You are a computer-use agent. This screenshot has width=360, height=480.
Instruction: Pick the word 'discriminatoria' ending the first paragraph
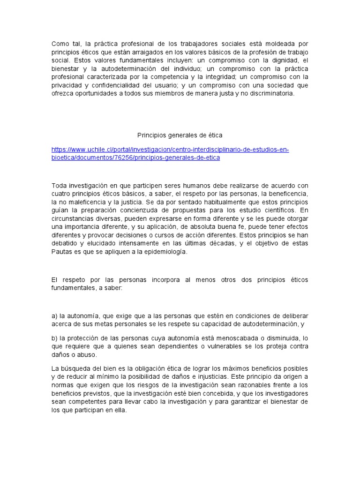[x=271, y=93]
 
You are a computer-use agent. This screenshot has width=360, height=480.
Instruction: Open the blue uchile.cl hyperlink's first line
[x=170, y=150]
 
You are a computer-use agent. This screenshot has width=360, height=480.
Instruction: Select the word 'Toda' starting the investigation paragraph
[x=59, y=185]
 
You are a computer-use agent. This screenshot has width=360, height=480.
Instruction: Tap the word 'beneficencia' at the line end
[x=289, y=194]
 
